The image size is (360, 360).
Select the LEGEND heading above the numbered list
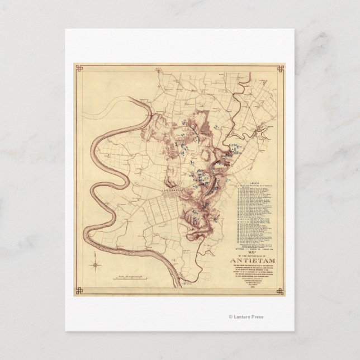coord(254,182)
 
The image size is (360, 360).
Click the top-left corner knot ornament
coord(78,69)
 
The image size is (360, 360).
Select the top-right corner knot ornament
coord(280,69)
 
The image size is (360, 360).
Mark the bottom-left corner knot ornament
coord(78,290)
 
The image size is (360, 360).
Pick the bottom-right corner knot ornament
coord(280,290)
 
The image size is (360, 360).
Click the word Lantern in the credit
coord(243,317)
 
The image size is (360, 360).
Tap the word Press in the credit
coord(257,317)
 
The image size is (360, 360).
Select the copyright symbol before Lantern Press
coord(230,317)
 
